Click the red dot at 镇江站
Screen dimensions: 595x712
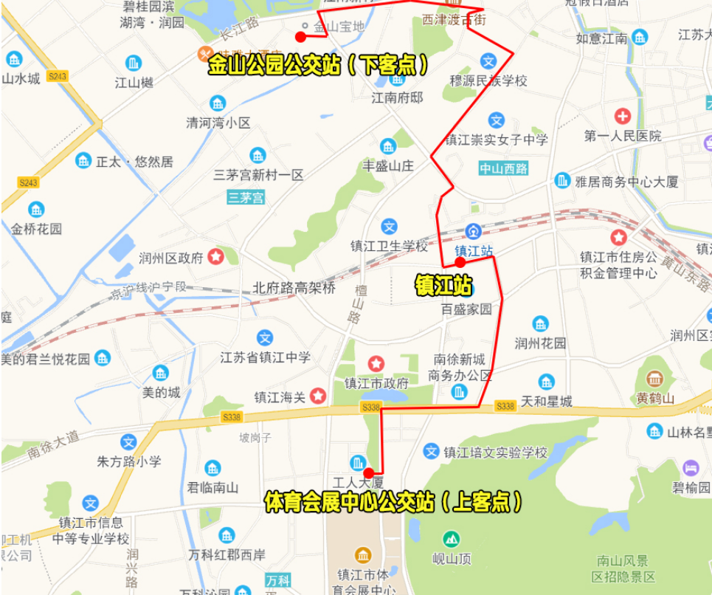point(460,262)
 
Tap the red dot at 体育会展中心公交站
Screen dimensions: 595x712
point(368,473)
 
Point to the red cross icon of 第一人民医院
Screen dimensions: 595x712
point(622,116)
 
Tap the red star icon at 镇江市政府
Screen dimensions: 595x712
point(376,363)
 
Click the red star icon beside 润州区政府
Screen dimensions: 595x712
point(216,257)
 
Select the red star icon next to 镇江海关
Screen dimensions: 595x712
point(318,396)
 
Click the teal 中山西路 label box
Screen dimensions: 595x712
point(504,168)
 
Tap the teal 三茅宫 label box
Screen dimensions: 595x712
point(246,197)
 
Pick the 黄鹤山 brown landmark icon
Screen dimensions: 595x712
point(654,379)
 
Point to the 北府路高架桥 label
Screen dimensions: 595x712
point(294,288)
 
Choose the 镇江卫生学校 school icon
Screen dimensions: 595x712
point(389,227)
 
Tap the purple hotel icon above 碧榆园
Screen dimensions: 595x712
point(691,468)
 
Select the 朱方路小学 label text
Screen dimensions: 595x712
point(129,462)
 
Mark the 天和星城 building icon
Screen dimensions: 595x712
point(546,382)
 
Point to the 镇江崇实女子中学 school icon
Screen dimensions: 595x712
point(497,120)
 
